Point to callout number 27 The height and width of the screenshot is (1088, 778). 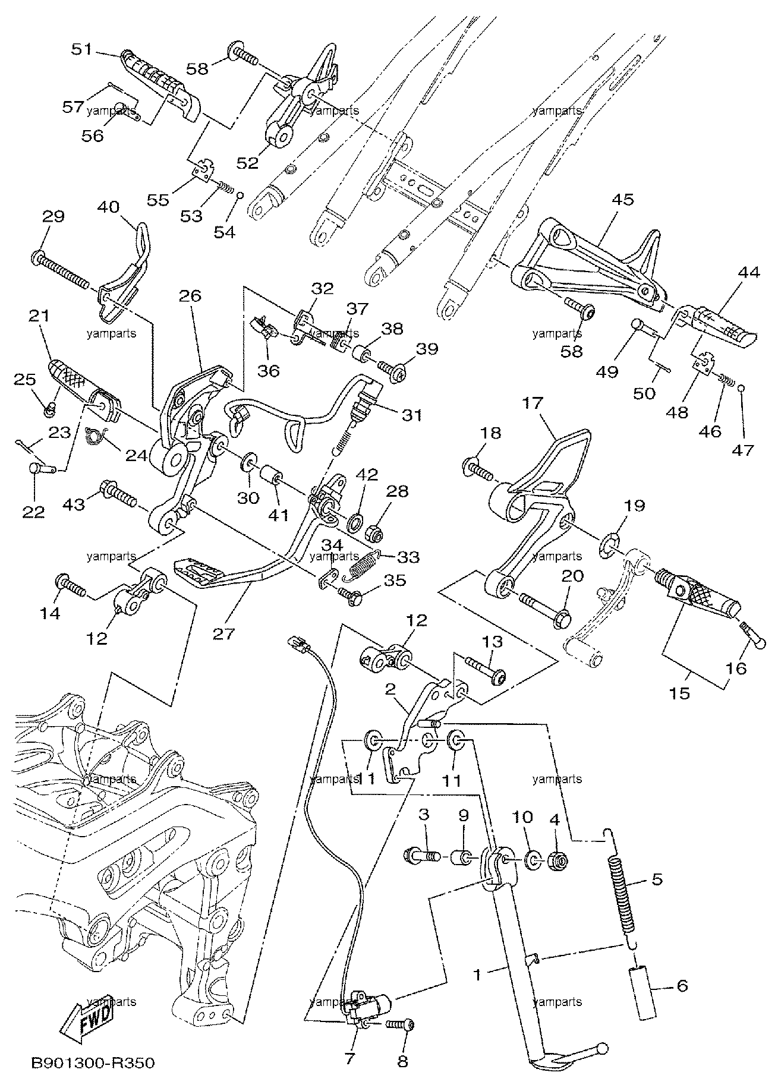pos(225,633)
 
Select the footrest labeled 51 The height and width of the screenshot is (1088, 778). pos(159,87)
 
